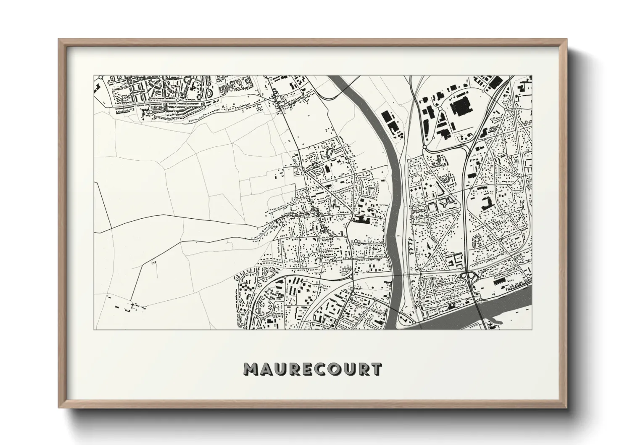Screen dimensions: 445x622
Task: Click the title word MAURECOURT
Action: (313, 369)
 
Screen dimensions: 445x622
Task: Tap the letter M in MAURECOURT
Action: (251, 369)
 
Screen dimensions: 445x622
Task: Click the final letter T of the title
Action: (377, 369)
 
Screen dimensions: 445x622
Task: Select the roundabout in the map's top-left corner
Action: (150, 112)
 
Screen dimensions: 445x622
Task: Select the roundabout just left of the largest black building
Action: (439, 108)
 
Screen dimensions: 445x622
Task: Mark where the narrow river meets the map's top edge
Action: (336, 77)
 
